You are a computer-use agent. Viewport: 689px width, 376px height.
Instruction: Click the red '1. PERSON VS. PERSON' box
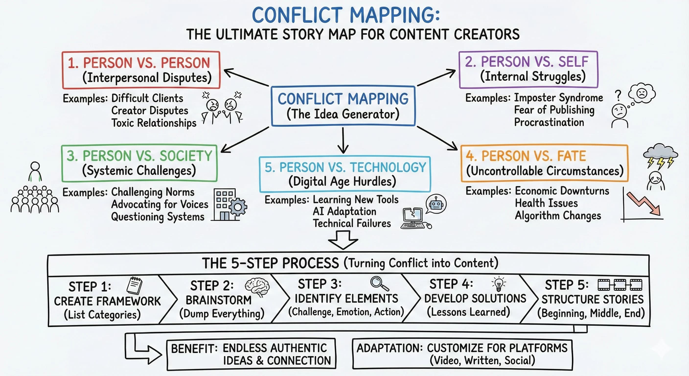click(x=141, y=70)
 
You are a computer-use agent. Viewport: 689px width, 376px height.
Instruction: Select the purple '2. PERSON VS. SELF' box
click(x=528, y=69)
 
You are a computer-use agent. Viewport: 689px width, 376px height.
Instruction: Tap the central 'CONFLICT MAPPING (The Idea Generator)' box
click(x=343, y=106)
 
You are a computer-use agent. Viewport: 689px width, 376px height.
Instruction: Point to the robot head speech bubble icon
click(x=436, y=204)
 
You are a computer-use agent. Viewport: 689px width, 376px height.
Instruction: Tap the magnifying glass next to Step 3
click(x=379, y=283)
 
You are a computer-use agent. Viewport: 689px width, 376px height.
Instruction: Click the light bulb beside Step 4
click(x=499, y=284)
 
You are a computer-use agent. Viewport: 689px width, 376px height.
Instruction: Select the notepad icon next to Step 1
click(x=134, y=285)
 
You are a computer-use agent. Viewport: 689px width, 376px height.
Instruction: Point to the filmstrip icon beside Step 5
click(x=620, y=285)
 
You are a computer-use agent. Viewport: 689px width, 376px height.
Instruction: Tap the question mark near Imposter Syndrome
click(x=618, y=96)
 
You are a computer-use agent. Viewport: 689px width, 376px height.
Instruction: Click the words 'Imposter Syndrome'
click(x=558, y=98)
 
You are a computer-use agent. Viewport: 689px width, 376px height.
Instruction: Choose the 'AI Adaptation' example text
click(x=344, y=211)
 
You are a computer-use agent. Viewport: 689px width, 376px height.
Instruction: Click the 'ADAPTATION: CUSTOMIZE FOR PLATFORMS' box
click(x=462, y=354)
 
